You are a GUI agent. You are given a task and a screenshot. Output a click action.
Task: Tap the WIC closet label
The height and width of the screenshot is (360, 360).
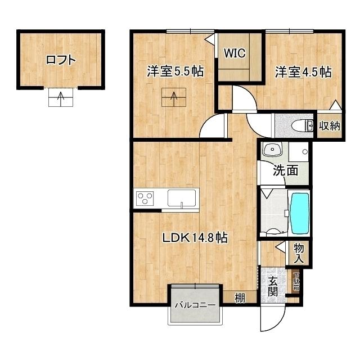233,54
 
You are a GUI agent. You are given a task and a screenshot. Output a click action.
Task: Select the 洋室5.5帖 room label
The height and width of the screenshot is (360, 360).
175,72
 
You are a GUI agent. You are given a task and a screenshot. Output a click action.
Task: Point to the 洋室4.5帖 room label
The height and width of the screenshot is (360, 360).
303,72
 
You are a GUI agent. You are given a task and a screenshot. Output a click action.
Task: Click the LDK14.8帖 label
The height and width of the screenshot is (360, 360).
195,238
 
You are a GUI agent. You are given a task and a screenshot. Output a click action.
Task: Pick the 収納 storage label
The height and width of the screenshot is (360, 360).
329,125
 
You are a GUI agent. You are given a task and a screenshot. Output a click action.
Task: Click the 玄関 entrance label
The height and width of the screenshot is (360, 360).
273,286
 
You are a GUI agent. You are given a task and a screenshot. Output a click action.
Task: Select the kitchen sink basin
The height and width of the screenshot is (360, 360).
182,199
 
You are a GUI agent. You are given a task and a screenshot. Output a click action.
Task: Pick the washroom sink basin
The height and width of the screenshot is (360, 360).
273,151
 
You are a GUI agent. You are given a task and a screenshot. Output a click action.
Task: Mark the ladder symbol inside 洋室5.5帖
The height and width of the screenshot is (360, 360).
174,98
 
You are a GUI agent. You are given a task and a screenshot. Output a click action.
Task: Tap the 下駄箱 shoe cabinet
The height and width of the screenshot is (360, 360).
296,282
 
